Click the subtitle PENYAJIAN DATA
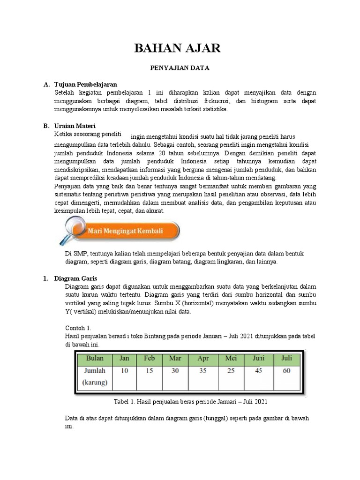point(179,68)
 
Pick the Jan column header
point(124,358)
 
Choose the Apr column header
point(203,358)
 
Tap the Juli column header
point(286,358)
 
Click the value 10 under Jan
point(124,370)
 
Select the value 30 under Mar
point(175,370)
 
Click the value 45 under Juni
point(258,370)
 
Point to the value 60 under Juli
point(286,370)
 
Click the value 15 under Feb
point(149,370)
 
